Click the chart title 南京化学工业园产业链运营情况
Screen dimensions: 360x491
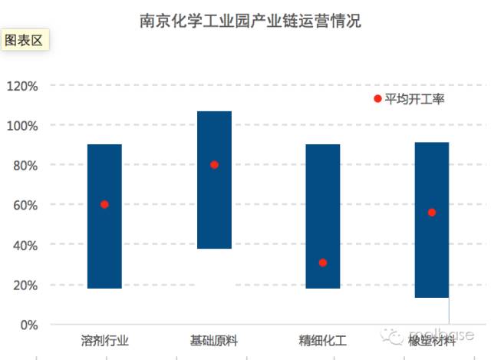(250, 21)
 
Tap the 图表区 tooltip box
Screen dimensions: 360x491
(25, 40)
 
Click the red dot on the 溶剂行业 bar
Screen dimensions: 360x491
(104, 204)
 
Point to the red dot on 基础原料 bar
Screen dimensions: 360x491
(214, 164)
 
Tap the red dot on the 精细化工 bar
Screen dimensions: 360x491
(323, 263)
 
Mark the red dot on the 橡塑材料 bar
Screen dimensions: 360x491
(432, 212)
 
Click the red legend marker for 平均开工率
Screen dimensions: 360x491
(377, 98)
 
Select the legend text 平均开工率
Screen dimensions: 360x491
(415, 98)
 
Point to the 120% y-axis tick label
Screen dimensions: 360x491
(21, 85)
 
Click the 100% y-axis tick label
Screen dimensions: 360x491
(21, 125)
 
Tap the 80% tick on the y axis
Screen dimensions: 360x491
(25, 165)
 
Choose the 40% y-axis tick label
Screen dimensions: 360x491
(25, 245)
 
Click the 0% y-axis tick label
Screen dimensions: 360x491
(28, 325)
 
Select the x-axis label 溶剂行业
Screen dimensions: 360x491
(104, 341)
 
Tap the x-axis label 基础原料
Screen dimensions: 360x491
(214, 341)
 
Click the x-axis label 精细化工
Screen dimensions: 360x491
(323, 341)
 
